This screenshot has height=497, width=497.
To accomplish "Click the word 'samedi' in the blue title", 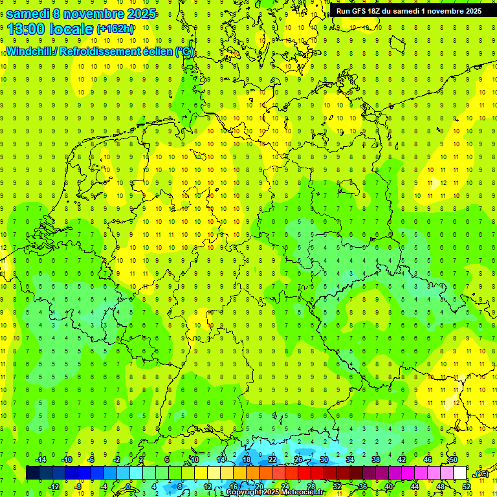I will coord(30,14).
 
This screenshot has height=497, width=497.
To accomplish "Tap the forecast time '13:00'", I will coord(27,29).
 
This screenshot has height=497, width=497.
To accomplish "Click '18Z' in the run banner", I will coord(379,11).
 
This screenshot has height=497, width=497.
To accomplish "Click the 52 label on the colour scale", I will coord(467,486).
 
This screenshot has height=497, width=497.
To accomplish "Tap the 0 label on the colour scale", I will coord(128,486).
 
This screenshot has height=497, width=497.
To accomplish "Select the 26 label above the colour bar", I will coord(298,459).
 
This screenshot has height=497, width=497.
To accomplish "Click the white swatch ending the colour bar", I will coord(459,473).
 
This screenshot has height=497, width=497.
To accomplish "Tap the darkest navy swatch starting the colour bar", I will coord(32,473).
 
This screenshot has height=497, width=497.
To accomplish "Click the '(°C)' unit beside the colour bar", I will coord(481,474).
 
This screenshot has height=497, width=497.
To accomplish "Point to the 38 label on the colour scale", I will coord(375,459).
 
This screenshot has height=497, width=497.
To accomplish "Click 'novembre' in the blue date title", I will coord(98,14).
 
